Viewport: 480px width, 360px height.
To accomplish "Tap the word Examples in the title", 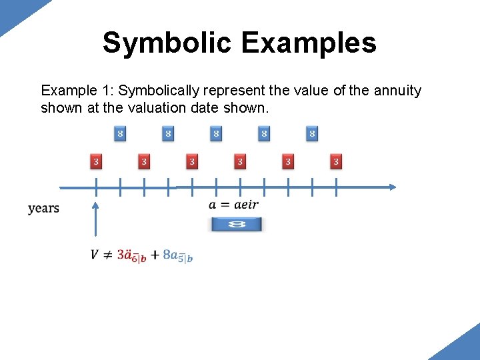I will click(309, 43).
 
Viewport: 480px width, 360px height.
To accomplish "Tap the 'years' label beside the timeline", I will click(43, 208).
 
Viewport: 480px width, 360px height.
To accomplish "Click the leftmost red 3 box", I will click(96, 161).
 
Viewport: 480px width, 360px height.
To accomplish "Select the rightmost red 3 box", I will click(336, 161).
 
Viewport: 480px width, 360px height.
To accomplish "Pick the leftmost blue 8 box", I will click(120, 134).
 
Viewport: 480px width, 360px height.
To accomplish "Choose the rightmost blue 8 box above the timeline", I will click(312, 134).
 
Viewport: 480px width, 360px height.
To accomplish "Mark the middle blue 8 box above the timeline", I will click(216, 134).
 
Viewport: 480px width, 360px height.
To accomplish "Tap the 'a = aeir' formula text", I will click(233, 205).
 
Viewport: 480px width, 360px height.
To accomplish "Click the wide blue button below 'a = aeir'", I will click(237, 224).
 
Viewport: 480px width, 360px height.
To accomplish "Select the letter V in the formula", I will click(95, 255).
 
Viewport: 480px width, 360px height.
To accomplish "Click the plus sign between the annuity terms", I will click(155, 255).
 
